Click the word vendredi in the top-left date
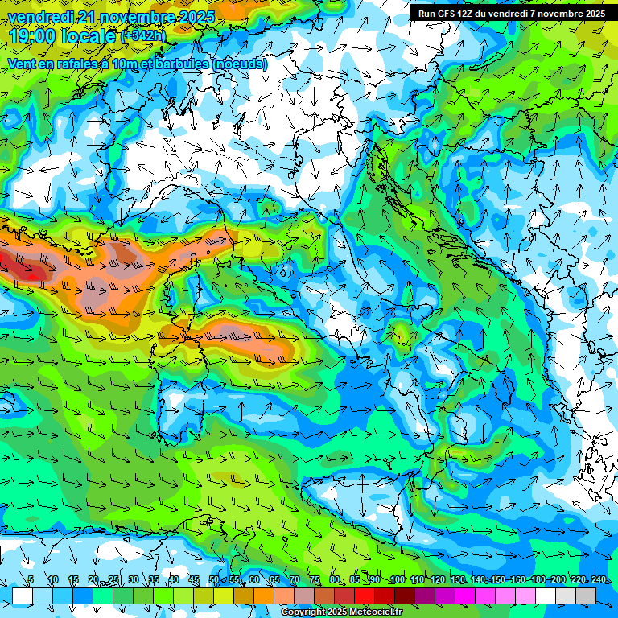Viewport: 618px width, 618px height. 39,17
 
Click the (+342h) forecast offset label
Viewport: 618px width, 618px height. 143,36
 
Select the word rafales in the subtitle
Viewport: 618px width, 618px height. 66,64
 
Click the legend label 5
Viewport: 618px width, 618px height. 31,580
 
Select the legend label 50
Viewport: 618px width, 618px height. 213,580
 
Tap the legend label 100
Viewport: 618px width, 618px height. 397,580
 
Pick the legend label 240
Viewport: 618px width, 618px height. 599,580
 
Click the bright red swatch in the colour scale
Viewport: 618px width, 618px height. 365,595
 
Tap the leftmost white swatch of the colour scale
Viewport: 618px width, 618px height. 23,595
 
